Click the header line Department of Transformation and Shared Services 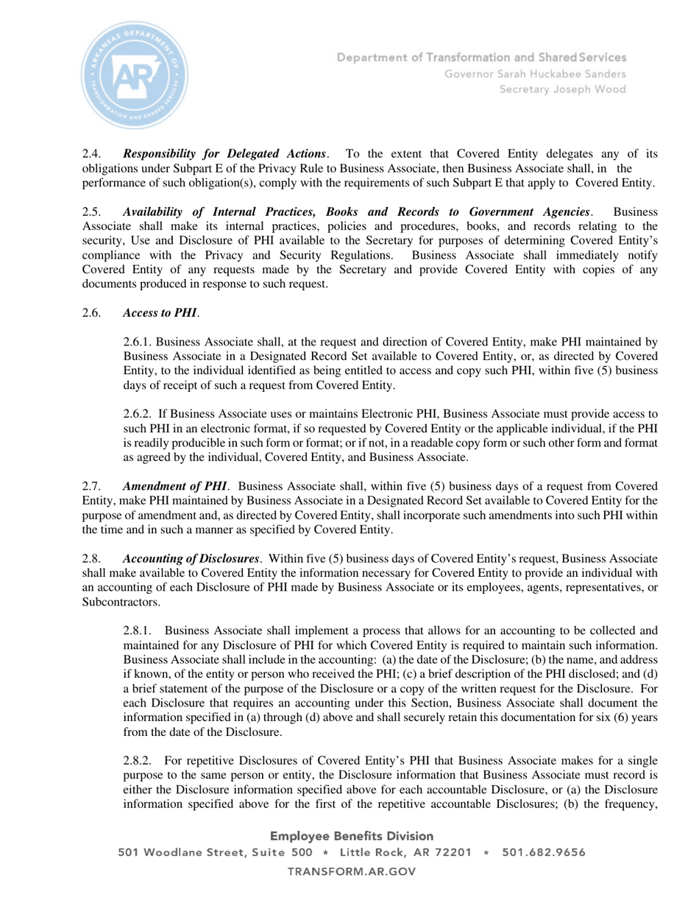click(482, 57)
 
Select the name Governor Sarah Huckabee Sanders click(535, 74)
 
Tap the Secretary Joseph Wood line click(563, 89)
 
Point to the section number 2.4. click(91, 154)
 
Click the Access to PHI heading click(160, 313)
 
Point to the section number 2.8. click(91, 558)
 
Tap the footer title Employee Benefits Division click(352, 836)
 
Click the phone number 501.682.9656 click(544, 853)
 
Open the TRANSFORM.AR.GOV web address click(352, 871)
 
